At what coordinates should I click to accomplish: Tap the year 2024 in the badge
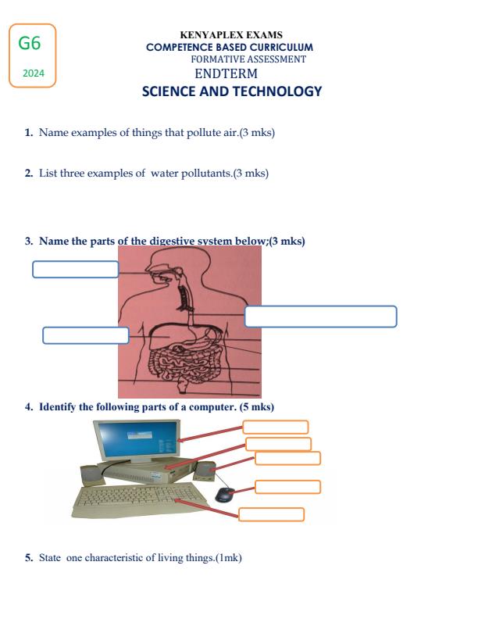pyautogui.click(x=34, y=73)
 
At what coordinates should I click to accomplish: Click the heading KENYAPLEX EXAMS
pyautogui.click(x=231, y=35)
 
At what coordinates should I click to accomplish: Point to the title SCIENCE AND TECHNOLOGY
pyautogui.click(x=231, y=91)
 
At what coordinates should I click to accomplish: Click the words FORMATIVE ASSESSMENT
pyautogui.click(x=248, y=59)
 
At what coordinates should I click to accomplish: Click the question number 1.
pyautogui.click(x=28, y=134)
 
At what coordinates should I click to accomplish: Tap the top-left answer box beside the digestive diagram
pyautogui.click(x=75, y=270)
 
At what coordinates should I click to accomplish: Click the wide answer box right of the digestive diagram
pyautogui.click(x=320, y=317)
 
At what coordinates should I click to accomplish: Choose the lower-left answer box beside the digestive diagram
pyautogui.click(x=85, y=335)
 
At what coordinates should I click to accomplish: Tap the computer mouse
pyautogui.click(x=224, y=494)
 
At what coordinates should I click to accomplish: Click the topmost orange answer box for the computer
pyautogui.click(x=275, y=427)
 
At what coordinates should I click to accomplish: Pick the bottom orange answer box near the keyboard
pyautogui.click(x=271, y=514)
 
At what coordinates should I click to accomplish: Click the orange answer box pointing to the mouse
pyautogui.click(x=287, y=486)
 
